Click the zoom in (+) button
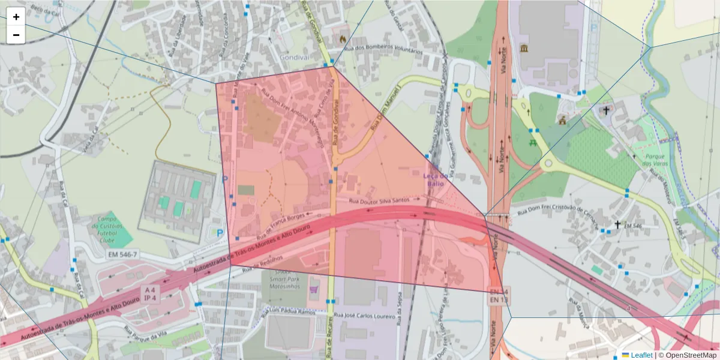16,17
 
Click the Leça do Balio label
435,179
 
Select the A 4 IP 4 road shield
150,294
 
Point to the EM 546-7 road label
123,255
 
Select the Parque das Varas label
655,160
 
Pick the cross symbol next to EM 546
617,224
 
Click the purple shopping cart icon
313,290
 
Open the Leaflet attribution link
641,355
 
